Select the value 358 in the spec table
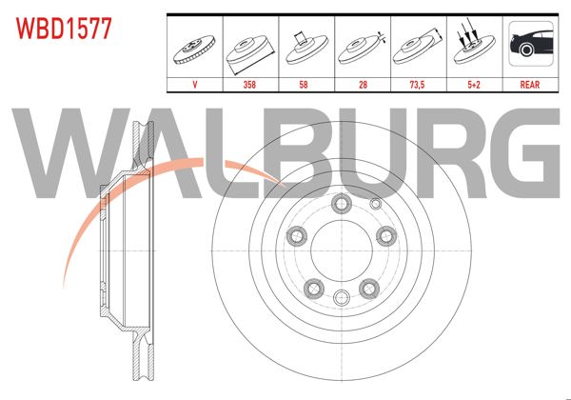(250, 84)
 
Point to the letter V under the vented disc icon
(195, 84)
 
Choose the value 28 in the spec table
(363, 84)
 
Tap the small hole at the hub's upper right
(374, 204)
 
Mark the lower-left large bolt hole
(311, 282)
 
